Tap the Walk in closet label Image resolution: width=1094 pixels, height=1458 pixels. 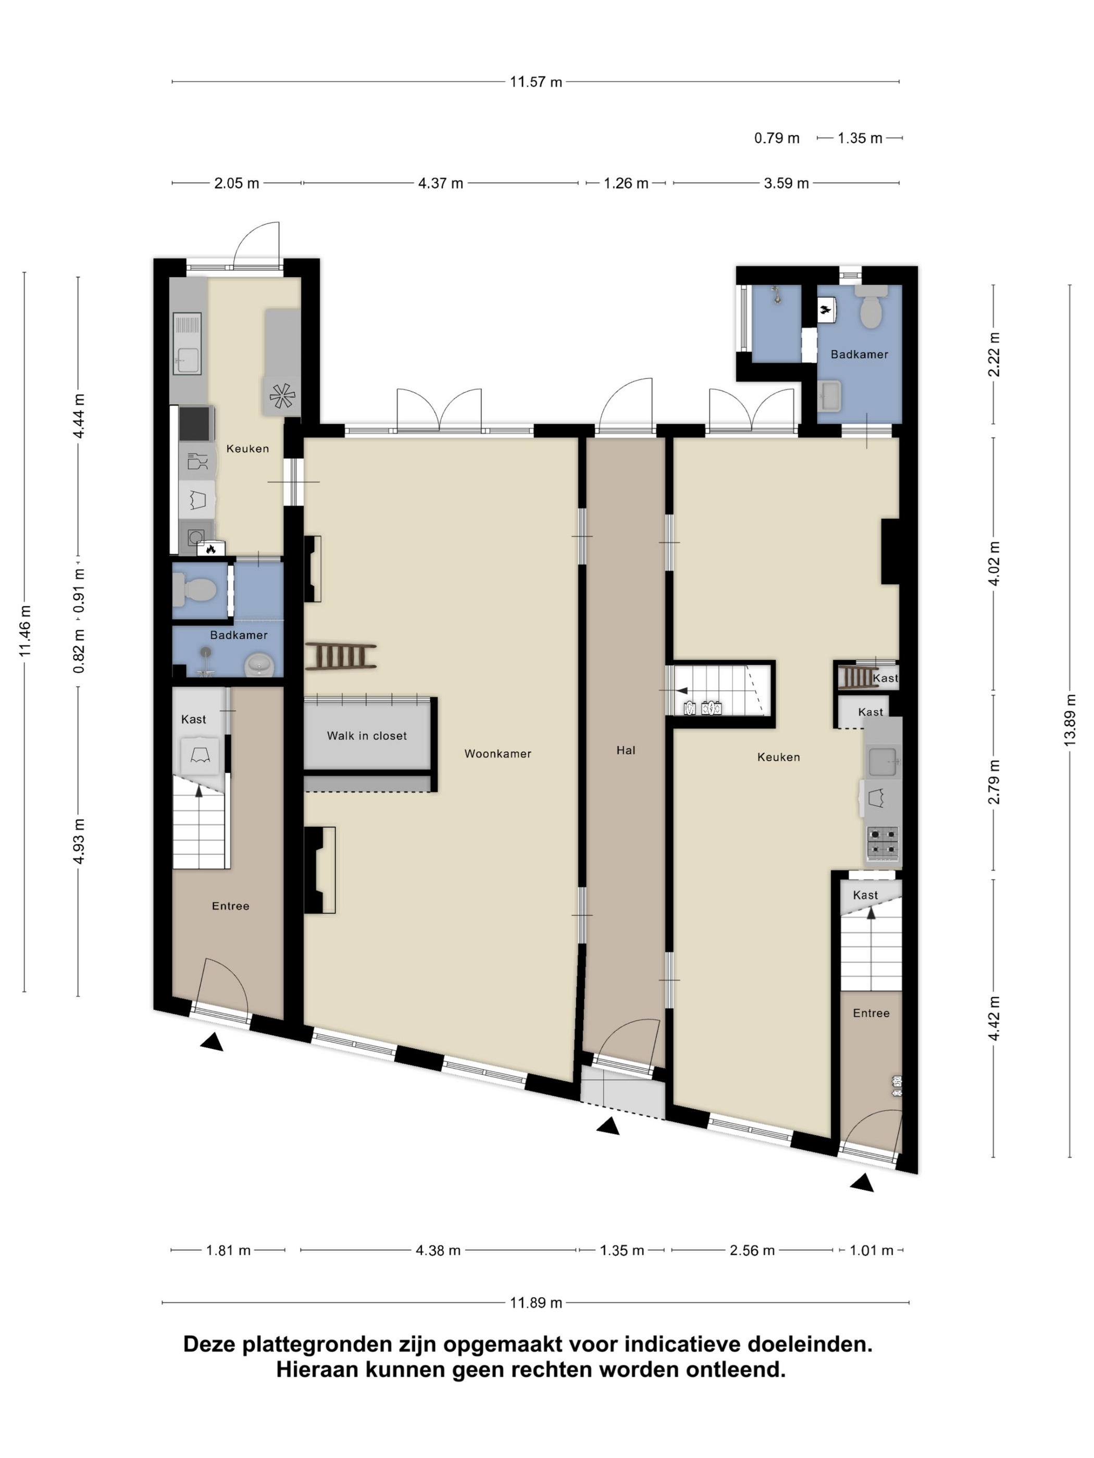click(x=367, y=736)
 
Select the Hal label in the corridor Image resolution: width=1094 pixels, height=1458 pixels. click(x=625, y=750)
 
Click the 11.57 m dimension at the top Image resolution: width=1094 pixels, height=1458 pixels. click(x=536, y=82)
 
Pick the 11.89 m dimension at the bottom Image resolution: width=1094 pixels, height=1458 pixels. click(x=536, y=1302)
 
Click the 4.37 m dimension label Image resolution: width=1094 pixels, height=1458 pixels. click(x=441, y=183)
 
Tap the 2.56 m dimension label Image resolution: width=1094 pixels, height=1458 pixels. click(x=752, y=1250)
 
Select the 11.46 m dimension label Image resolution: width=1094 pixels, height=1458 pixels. click(x=25, y=630)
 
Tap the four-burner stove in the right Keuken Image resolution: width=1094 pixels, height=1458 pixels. click(x=882, y=844)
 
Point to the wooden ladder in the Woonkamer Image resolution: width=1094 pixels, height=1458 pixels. click(x=341, y=657)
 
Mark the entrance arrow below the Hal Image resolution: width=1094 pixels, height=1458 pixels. click(x=608, y=1126)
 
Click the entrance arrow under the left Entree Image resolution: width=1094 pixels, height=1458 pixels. click(x=212, y=1041)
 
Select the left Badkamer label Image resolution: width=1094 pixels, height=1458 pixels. click(x=239, y=635)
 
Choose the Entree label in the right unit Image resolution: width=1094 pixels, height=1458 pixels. click(x=871, y=1013)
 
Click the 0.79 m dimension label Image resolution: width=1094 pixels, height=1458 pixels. click(x=777, y=139)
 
